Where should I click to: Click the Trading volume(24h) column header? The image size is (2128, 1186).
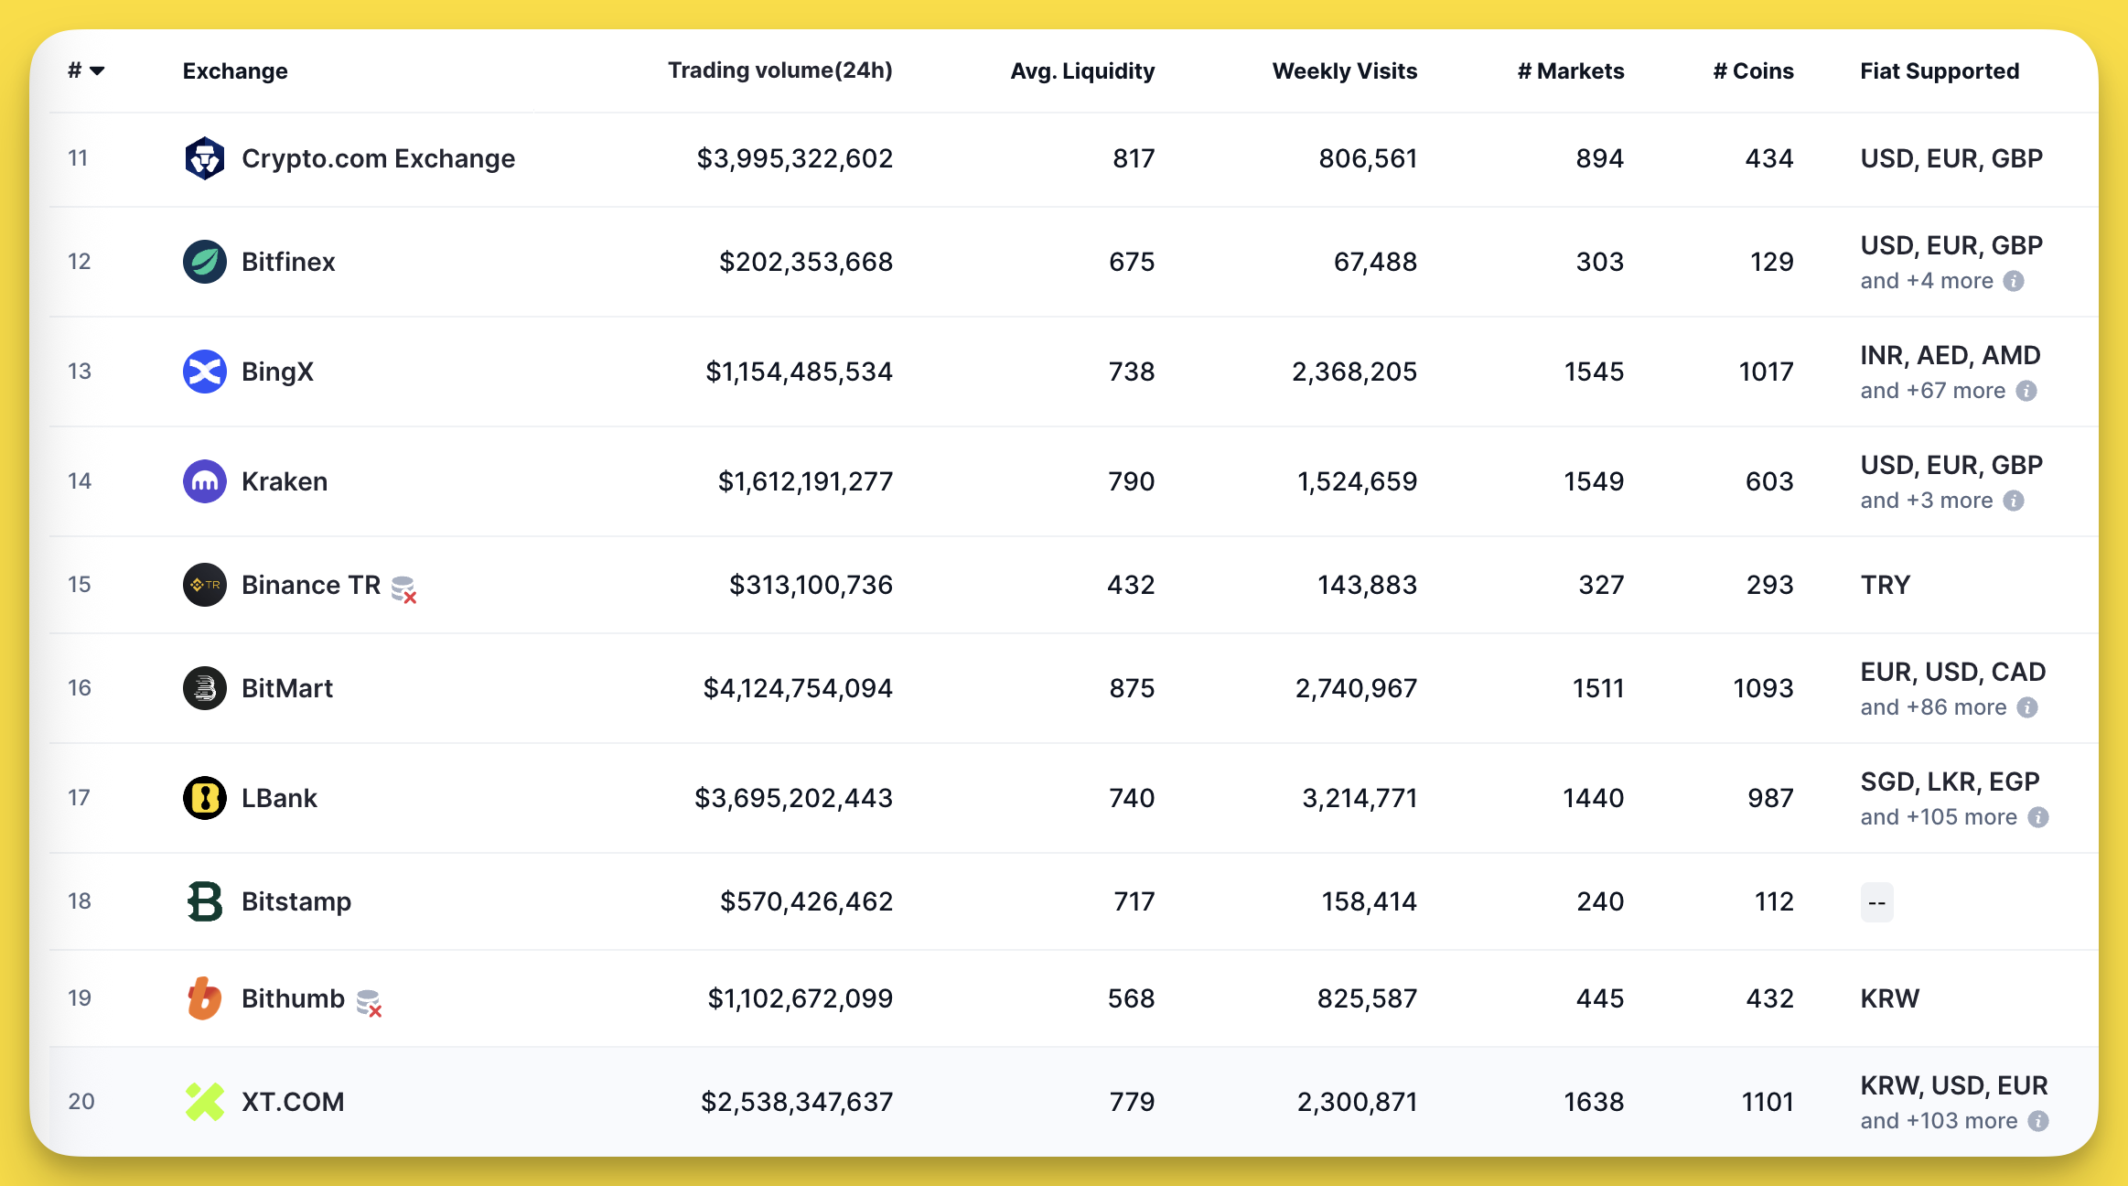779,70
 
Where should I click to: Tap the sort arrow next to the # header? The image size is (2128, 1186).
97,70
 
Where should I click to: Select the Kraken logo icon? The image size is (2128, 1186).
204,481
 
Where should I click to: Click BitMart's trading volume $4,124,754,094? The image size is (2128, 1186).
797,688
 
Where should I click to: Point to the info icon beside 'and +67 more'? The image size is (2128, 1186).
2026,391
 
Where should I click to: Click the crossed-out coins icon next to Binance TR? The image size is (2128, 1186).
403,588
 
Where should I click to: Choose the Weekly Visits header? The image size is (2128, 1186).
1344,70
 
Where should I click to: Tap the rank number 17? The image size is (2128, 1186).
79,798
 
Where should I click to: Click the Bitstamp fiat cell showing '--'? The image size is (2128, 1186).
1876,902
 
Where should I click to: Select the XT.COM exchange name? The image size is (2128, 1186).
293,1102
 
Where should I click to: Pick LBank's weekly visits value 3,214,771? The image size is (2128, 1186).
1360,798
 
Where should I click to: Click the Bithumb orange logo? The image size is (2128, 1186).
204,998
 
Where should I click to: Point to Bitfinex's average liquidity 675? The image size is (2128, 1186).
1132,262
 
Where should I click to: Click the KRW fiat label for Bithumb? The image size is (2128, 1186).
1889,998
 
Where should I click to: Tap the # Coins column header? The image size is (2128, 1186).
1753,70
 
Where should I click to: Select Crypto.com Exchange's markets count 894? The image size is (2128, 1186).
1599,158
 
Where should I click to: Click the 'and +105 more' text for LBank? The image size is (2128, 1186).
1939,817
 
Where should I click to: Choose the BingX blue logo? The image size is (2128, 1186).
204,372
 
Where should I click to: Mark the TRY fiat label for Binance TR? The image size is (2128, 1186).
1885,585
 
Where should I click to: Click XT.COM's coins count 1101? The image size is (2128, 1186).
1767,1102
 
